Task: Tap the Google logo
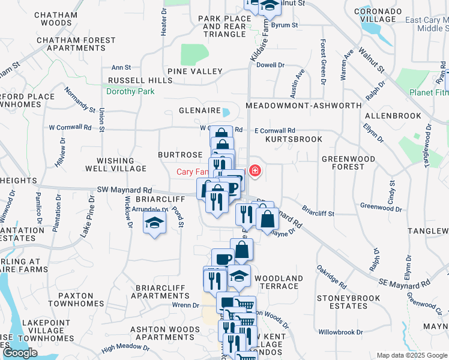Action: click(x=20, y=353)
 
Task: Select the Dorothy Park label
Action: click(x=130, y=92)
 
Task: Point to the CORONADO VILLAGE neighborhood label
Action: click(x=378, y=15)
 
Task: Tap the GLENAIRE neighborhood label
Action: click(x=199, y=111)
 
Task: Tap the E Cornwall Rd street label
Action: click(x=275, y=131)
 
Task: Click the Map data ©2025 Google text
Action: click(x=412, y=355)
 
